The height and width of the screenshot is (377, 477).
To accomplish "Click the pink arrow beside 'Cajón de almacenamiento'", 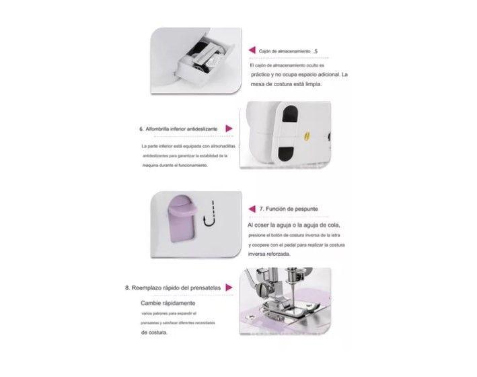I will pos(252,50).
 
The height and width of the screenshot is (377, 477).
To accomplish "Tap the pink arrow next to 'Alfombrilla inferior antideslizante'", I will pos(229,128).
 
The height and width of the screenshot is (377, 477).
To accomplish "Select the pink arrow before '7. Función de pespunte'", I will pos(252,209).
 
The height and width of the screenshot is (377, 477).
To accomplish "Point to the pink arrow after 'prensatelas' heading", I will pos(229,287).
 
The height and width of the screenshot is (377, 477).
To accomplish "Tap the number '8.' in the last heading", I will pos(129,287).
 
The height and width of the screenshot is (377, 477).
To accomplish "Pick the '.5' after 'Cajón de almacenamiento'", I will pos(316,50).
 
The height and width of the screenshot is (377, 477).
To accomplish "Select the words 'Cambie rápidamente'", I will pos(160,303).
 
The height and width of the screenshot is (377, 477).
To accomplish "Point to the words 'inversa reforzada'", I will pos(269,255).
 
